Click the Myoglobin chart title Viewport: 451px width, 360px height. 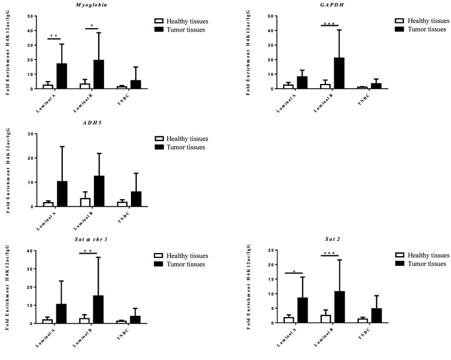78,5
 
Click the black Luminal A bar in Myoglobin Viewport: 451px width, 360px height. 62,76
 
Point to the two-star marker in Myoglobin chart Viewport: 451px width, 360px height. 53,36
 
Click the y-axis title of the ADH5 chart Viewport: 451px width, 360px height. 8,171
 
